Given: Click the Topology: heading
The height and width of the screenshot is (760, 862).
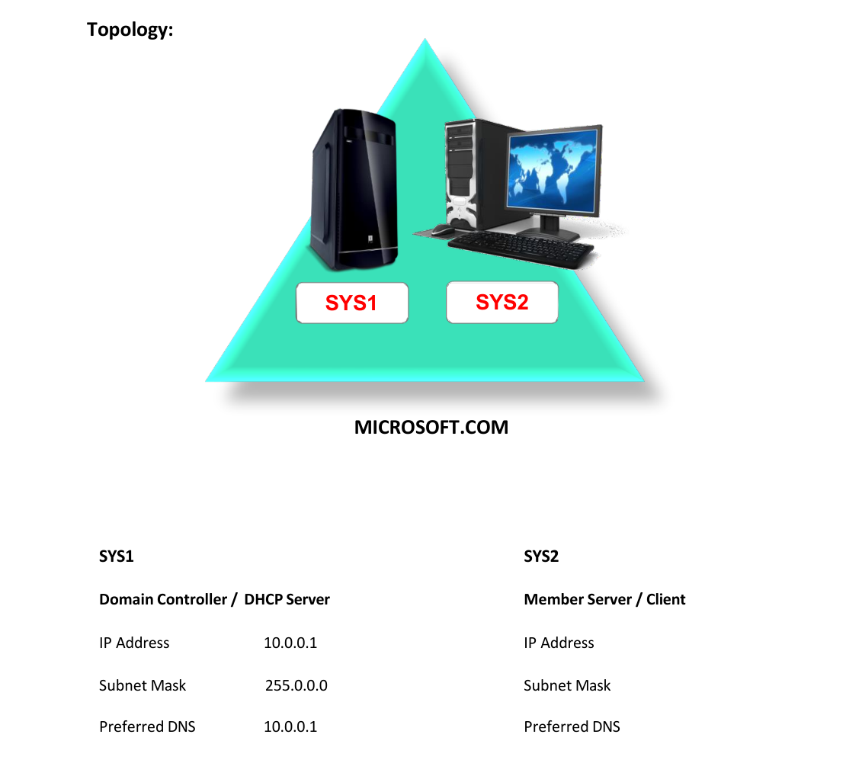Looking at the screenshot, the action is pos(130,30).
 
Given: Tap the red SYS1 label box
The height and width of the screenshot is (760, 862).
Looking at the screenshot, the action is pos(352,303).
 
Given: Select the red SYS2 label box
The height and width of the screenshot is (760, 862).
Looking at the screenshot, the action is pos(502,303).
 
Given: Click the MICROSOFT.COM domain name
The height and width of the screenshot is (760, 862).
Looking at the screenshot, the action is pos(431,428).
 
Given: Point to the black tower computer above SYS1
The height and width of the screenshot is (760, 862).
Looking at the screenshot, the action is pos(354,190).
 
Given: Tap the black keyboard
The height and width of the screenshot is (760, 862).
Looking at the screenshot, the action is pos(521,249).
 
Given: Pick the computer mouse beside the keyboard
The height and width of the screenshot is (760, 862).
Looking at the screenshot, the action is pos(443,229).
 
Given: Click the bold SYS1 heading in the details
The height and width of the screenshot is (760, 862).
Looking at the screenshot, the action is pos(116,556).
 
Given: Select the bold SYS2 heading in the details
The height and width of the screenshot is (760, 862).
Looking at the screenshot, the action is pos(541,556).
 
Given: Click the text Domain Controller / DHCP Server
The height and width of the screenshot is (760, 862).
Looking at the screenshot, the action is pos(214,599).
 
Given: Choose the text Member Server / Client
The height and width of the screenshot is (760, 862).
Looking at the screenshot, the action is pos(604,599).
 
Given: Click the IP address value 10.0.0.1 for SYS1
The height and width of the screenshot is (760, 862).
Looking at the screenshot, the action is pos(290,643).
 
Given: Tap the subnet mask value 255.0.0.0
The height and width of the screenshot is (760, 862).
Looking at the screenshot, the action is pos(296,686).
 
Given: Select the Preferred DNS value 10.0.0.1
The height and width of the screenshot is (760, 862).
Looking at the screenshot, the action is pos(290,727).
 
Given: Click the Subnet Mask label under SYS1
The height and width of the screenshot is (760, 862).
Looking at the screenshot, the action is pos(143,686).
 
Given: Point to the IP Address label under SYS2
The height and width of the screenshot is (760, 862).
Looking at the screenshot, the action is pos(559,643).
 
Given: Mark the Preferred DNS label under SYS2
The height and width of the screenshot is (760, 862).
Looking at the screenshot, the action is pos(572,727).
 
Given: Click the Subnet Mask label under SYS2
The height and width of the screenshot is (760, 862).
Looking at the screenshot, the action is pos(567,686).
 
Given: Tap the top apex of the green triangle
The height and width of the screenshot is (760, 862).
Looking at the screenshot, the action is pos(425,38).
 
